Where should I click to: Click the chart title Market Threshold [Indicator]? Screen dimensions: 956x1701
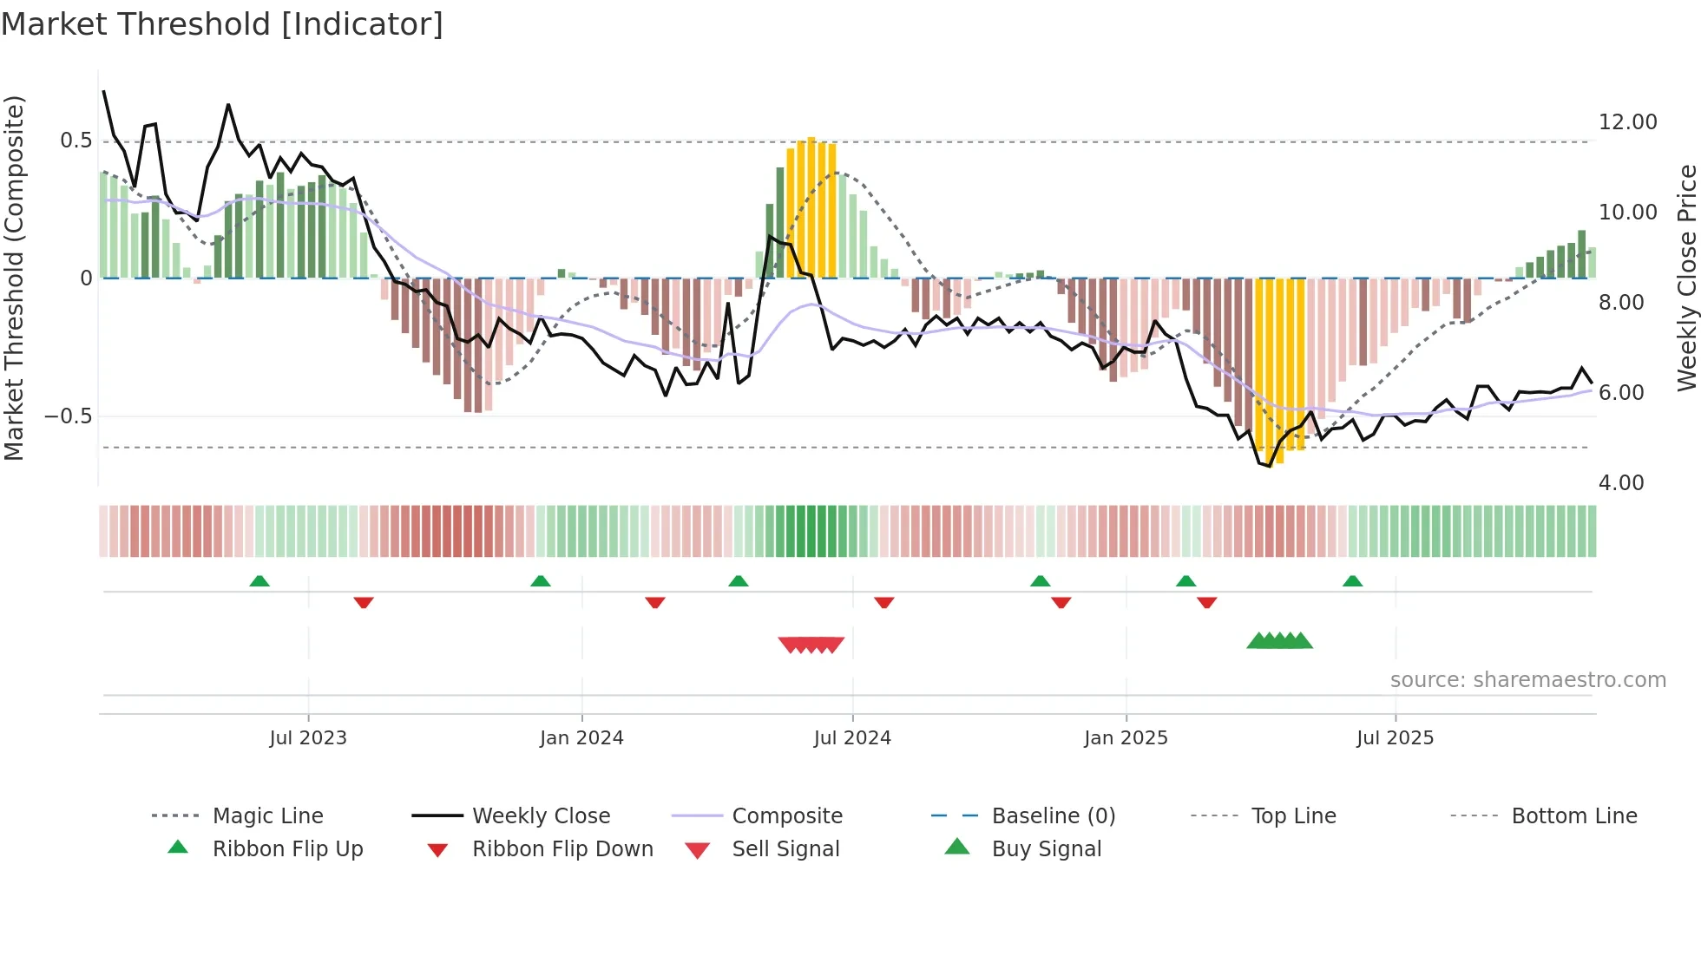tap(222, 24)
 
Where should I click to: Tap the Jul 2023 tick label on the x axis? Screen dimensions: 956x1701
tap(308, 738)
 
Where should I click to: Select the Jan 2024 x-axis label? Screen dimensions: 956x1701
tap(581, 738)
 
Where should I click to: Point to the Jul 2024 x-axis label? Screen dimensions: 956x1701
tap(852, 738)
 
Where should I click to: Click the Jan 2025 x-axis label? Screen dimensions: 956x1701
tap(1126, 738)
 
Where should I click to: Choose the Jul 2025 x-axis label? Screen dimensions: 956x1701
tap(1395, 738)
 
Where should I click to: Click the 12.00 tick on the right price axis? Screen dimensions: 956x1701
tap(1627, 122)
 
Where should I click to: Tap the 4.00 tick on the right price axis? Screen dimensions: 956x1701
tap(1620, 483)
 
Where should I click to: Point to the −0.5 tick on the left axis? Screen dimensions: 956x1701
tap(68, 416)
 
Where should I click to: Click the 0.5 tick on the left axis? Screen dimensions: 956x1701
tap(76, 141)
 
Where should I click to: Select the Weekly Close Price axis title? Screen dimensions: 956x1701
tap(1686, 278)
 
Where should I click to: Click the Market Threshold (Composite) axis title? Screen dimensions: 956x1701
tap(14, 278)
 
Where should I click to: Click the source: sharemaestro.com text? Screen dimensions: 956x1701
tap(1527, 680)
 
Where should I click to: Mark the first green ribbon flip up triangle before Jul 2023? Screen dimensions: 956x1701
tap(259, 581)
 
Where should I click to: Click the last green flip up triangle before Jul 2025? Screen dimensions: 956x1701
tap(1352, 581)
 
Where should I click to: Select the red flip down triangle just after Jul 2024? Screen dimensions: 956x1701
tap(884, 602)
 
